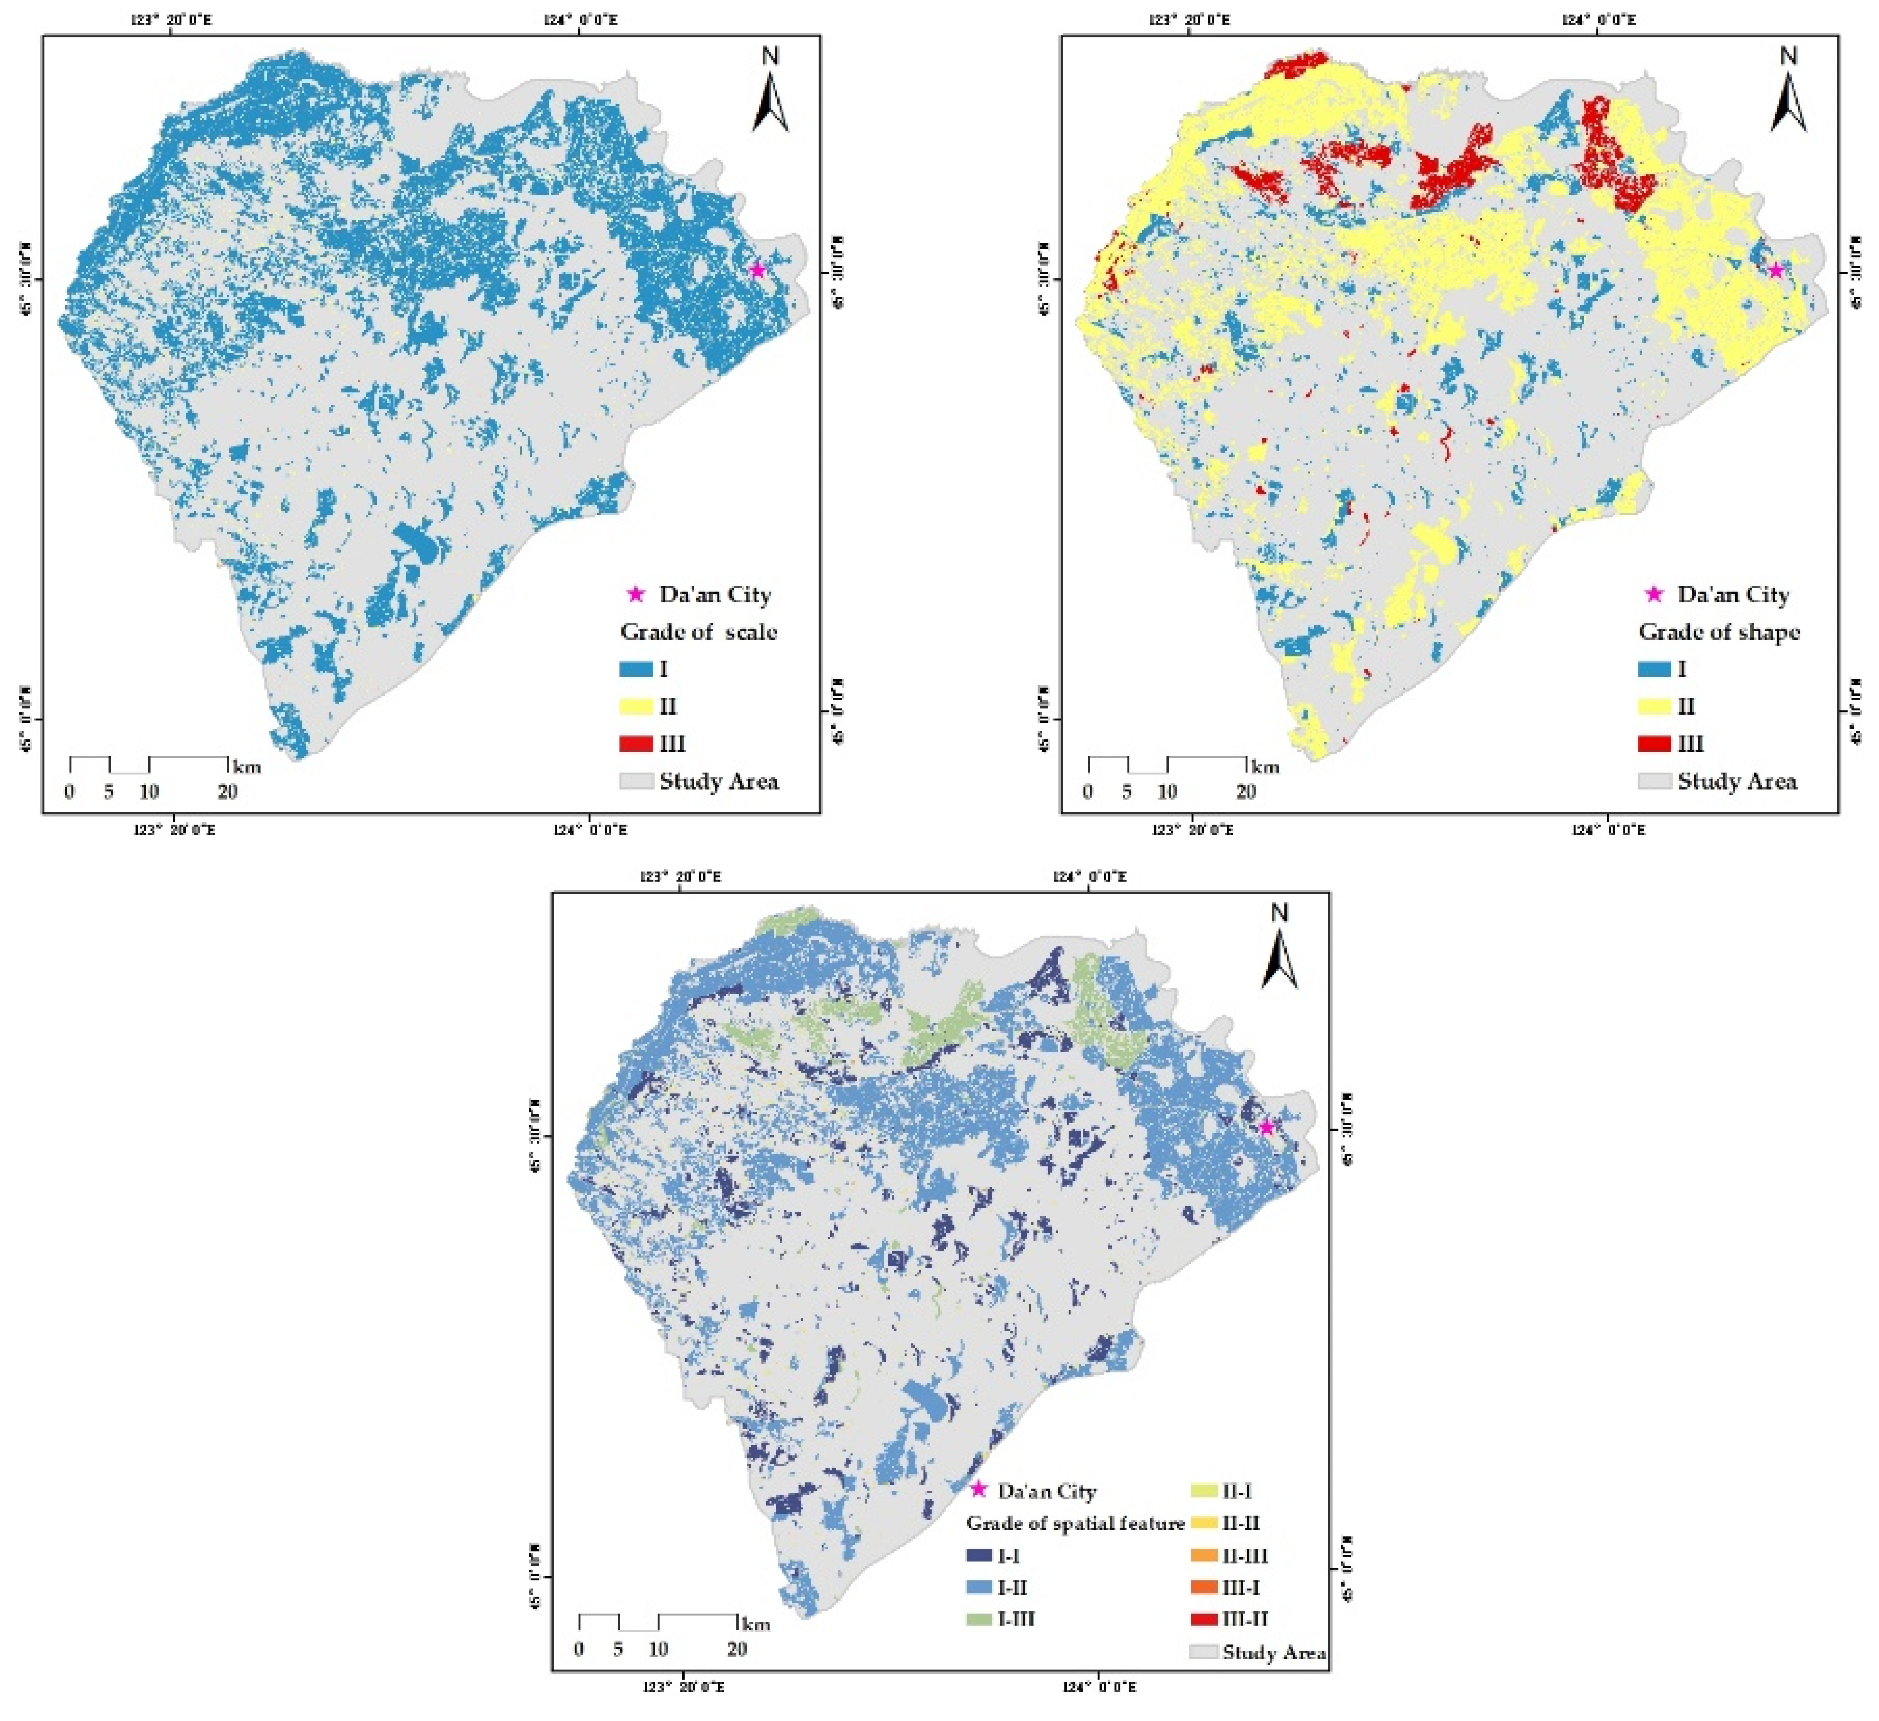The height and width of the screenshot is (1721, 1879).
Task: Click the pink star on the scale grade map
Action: point(757,270)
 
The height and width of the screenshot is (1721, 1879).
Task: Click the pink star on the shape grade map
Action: point(1775,270)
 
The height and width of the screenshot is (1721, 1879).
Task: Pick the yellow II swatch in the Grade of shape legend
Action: point(1655,706)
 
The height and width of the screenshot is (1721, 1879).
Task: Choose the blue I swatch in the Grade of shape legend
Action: point(1655,669)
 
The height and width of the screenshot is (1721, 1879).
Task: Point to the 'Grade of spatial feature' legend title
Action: point(1075,1523)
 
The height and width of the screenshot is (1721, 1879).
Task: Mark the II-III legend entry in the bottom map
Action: point(1244,1556)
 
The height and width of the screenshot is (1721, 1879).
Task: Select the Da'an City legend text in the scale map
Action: point(715,595)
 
